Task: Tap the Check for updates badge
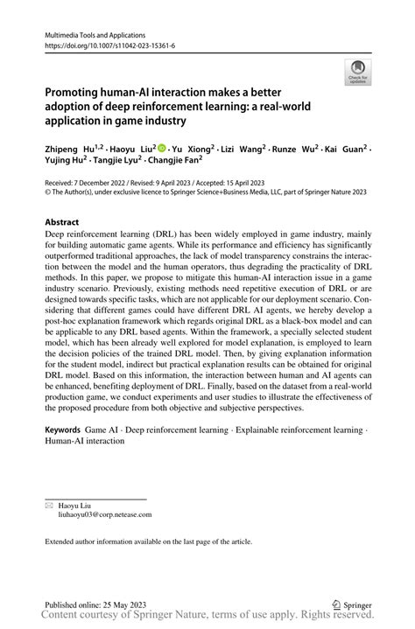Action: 358,73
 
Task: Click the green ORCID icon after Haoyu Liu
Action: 162,149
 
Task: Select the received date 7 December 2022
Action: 106,183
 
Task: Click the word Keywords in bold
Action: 63,430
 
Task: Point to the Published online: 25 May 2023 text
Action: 96,604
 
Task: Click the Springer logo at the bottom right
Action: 352,604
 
